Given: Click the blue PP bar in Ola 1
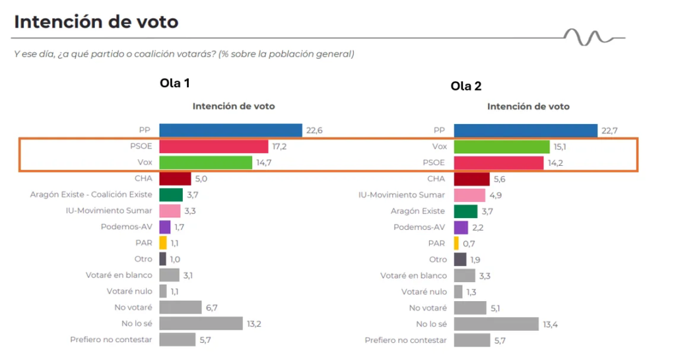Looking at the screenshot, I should [230, 131].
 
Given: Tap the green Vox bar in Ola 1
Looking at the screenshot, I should [206, 162].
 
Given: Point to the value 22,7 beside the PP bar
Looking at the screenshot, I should [610, 131].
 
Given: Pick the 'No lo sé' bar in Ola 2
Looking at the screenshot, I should [496, 324].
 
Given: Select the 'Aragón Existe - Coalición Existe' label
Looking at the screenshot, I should [91, 194].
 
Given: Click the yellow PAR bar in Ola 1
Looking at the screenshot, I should [163, 243].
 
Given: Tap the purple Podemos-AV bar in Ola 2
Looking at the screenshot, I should [461, 227].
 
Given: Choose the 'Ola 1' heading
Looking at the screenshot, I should [175, 83].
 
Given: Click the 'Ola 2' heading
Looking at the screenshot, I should [467, 87].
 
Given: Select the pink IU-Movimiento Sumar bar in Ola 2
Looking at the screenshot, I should [470, 195].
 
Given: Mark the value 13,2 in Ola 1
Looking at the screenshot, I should [255, 324].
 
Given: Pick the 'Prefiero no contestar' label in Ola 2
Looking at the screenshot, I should [405, 340].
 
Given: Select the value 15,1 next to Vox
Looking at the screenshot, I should [562, 147].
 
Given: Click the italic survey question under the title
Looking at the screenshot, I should [184, 54].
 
